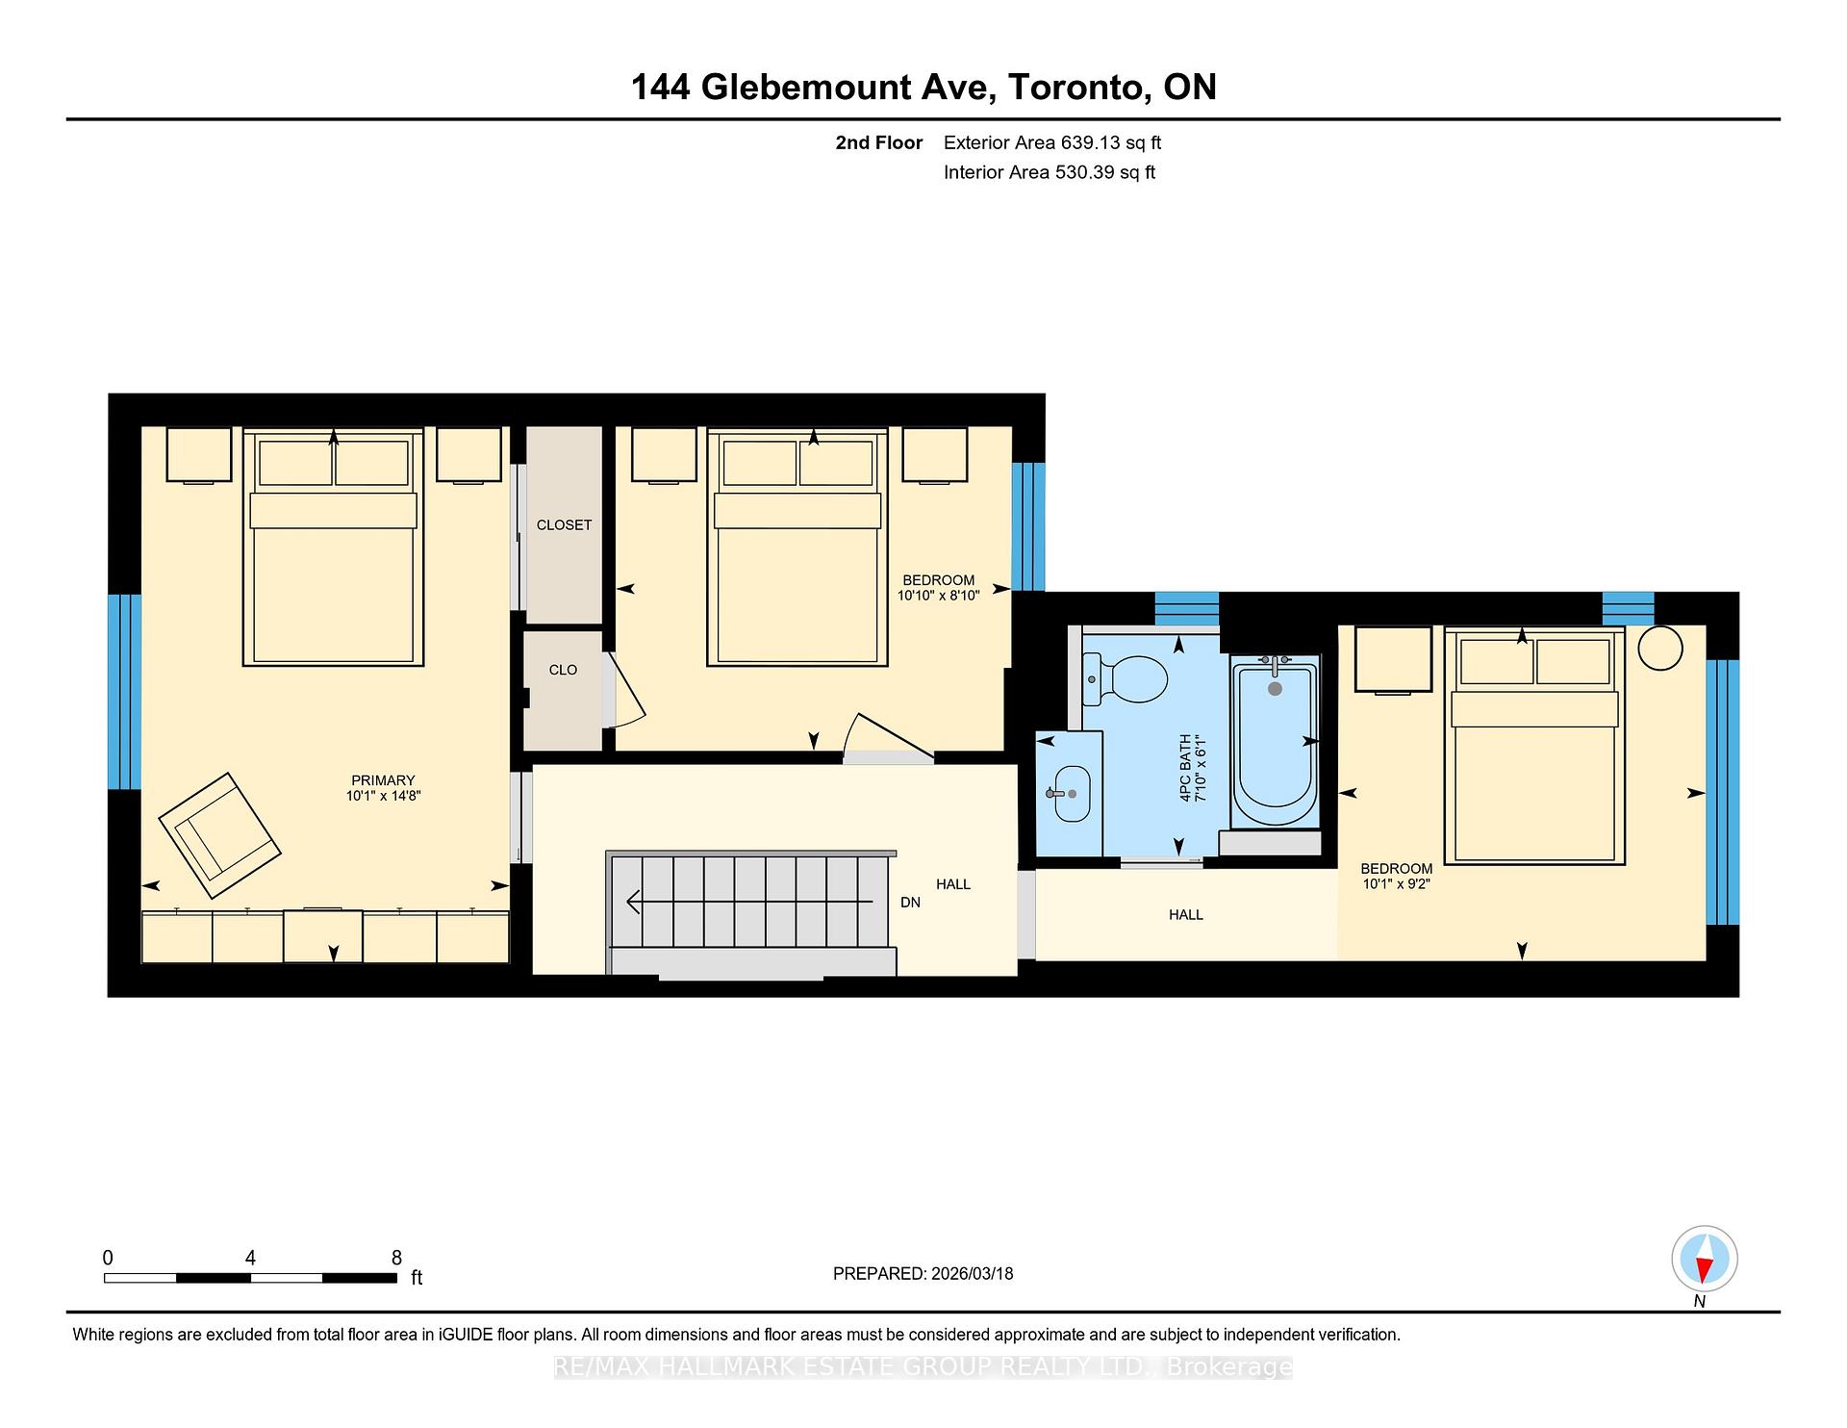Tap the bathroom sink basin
pyautogui.click(x=1073, y=794)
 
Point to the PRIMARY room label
pyautogui.click(x=383, y=780)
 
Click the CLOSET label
pyautogui.click(x=564, y=525)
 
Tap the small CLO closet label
pyautogui.click(x=563, y=670)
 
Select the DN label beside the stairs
pyautogui.click(x=910, y=903)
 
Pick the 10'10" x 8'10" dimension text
pyautogui.click(x=938, y=596)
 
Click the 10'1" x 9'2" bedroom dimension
pyautogui.click(x=1396, y=883)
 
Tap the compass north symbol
pyautogui.click(x=1704, y=1259)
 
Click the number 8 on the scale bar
pyautogui.click(x=396, y=1258)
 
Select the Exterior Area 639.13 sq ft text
pyautogui.click(x=1052, y=142)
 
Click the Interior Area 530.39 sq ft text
pyautogui.click(x=1049, y=172)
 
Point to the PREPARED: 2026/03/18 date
pyautogui.click(x=923, y=1273)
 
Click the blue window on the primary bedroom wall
pyautogui.click(x=124, y=691)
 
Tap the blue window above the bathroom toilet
pyautogui.click(x=1186, y=608)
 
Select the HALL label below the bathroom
pyautogui.click(x=1185, y=915)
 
